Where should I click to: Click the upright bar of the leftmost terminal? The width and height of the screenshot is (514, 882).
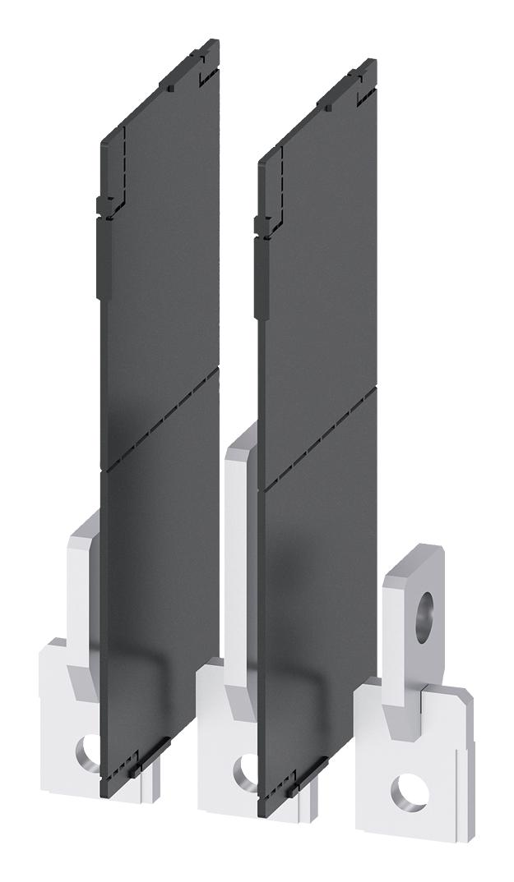tap(85, 575)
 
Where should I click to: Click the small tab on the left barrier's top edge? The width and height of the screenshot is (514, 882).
tap(168, 85)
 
